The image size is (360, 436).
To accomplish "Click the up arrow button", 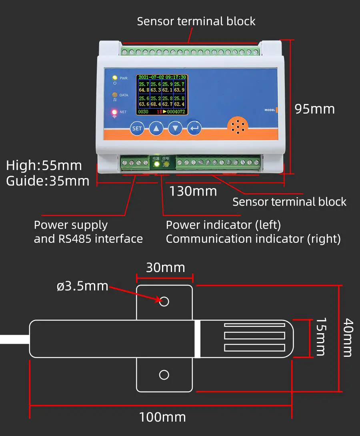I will coord(156,129).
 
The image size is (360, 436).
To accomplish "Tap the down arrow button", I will coord(175,129).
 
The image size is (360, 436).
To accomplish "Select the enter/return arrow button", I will coord(194,129).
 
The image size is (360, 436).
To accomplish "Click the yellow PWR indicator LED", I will coord(115,78).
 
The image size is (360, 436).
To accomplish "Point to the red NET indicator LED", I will coord(114,112).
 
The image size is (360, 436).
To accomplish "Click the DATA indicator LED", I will coord(115,95).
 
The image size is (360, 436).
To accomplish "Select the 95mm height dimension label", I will coord(314,109).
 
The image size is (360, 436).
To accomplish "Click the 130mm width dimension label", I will coord(193,191).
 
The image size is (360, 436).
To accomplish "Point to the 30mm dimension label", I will coord(165,267).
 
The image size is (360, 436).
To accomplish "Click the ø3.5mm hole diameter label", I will coord(82,286).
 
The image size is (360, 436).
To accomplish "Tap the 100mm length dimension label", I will coord(162,417).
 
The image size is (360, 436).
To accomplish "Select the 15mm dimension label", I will coord(321,337).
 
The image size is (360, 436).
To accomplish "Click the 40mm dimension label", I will coord(348,337).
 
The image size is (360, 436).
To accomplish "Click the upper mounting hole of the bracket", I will coord(164,301).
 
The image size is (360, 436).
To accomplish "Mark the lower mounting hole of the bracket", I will coord(164,375).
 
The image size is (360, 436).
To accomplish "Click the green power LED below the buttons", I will coord(156,164).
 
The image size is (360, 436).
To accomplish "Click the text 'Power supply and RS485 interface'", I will coord(88,232).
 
